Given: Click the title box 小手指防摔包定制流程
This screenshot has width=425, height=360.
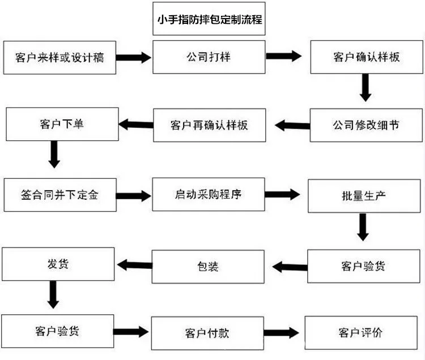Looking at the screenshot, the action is [x=209, y=19].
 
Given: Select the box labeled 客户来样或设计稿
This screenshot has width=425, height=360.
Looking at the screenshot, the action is [x=59, y=57].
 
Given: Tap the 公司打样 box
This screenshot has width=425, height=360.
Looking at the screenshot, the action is [x=209, y=57].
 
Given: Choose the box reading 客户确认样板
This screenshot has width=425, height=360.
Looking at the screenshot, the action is [x=367, y=57].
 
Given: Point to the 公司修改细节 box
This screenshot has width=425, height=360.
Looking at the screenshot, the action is [x=366, y=125].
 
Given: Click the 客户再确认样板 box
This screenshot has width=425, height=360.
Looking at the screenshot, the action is [x=210, y=125].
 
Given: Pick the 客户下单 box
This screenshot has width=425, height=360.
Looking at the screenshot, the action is [x=62, y=124].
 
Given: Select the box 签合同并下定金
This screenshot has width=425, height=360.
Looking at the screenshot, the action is [x=60, y=195].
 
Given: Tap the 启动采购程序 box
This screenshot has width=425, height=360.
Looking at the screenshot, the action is [x=209, y=194].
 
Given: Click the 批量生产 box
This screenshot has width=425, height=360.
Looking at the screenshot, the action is [x=364, y=196].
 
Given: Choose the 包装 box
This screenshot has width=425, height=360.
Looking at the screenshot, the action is [x=208, y=267].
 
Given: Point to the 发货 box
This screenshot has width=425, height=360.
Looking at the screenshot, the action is [x=58, y=264].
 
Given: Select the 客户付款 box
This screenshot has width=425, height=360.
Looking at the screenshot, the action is [x=207, y=333].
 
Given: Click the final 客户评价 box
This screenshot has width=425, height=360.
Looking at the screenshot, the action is [x=361, y=332].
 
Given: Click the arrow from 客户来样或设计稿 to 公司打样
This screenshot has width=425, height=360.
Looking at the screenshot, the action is [x=134, y=57].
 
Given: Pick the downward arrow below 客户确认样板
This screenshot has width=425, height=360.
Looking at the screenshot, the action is [x=365, y=88].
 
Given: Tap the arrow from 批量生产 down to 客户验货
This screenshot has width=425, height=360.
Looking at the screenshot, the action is [x=363, y=227].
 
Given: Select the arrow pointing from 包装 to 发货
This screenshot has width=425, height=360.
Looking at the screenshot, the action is [x=135, y=265].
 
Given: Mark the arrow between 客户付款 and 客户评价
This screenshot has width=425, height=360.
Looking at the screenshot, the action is [x=281, y=332].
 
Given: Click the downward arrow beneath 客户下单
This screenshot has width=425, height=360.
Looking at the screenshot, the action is [x=54, y=155].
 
